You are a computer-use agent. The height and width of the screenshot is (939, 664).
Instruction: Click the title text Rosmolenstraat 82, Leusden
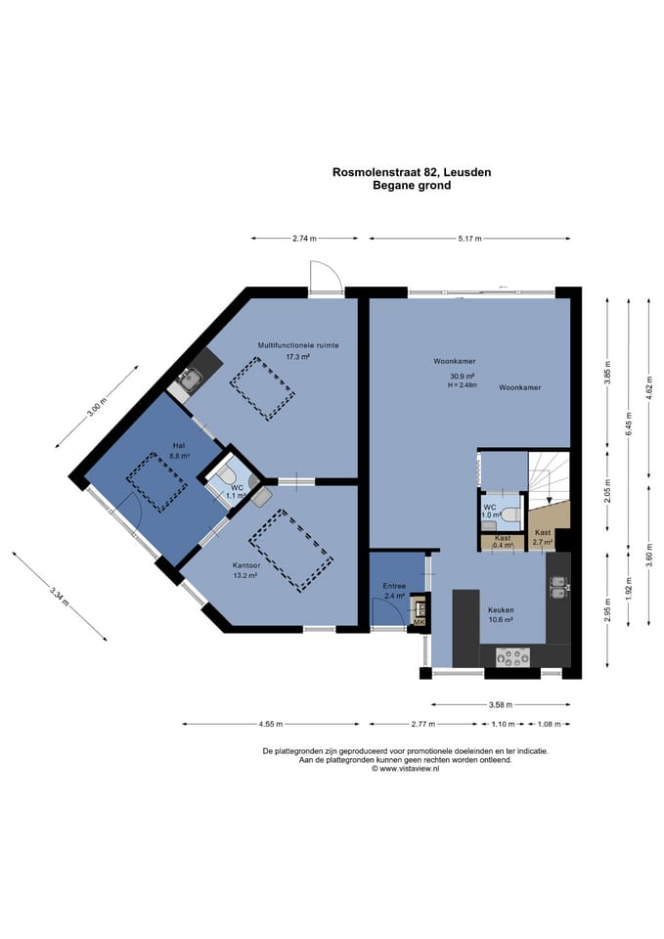coord(412,172)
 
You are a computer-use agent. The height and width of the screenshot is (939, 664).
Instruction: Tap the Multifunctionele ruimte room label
coord(298,345)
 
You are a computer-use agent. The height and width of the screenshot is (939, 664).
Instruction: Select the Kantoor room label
coord(246,565)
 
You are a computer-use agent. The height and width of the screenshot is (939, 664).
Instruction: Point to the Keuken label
coord(501,610)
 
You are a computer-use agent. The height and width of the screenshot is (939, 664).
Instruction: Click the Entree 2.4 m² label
coord(394,591)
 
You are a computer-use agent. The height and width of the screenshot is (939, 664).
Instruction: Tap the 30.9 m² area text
coord(463,376)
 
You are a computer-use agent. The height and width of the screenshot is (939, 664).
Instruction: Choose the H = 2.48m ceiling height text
coord(463,385)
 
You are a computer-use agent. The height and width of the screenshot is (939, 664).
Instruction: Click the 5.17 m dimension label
coord(470,239)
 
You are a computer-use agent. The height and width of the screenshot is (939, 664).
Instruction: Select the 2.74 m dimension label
coord(304,239)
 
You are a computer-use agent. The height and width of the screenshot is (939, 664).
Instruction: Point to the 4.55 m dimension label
coord(271,724)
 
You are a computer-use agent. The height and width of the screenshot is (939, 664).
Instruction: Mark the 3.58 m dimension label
coord(501,705)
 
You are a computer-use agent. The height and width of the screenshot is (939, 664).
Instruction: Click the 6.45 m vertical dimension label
coord(628,425)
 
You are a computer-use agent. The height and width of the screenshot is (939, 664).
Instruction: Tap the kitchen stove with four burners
coord(513,657)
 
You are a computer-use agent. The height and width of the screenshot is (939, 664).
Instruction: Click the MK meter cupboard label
coord(419,623)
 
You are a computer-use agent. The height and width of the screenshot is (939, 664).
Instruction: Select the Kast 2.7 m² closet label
coord(543,537)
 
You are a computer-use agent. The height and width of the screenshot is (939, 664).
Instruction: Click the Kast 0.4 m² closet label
coord(503,542)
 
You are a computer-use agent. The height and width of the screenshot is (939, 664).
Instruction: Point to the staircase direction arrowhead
coord(549,501)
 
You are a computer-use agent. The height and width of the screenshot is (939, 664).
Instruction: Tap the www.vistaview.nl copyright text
coord(406,769)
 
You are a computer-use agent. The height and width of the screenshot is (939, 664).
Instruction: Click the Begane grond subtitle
coord(412,186)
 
